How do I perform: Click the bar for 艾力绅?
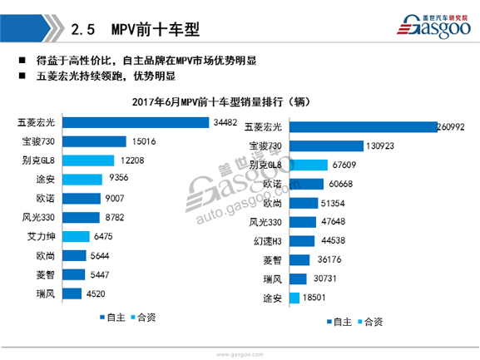(x=83, y=236)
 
